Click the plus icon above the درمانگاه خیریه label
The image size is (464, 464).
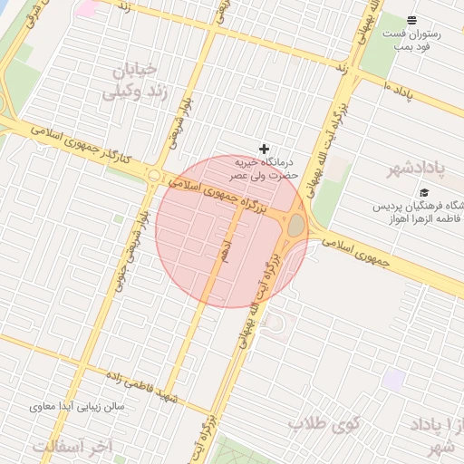(265, 149)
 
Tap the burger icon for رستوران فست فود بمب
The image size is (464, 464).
(412, 20)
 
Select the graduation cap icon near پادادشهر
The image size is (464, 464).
(424, 192)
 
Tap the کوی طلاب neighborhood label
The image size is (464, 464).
(324, 423)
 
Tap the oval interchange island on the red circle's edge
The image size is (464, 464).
(296, 225)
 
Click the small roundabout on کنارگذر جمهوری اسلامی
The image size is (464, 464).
(155, 176)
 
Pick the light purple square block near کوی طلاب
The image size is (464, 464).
(392, 379)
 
